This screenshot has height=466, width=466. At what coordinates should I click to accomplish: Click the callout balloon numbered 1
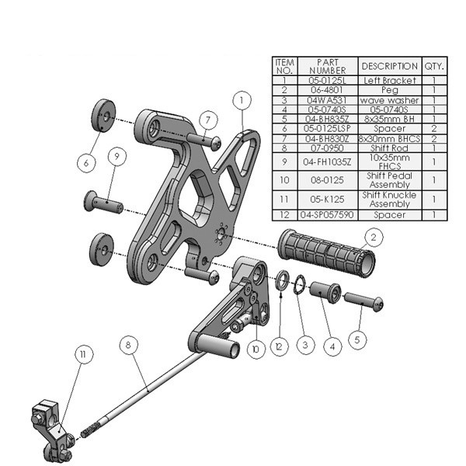[242, 100]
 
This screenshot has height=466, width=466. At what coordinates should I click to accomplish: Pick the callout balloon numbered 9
[115, 156]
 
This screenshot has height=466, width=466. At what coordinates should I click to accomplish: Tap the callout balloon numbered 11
[81, 353]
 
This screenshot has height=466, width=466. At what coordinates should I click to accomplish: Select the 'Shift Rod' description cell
[390, 148]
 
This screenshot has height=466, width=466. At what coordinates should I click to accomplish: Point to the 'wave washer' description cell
[390, 99]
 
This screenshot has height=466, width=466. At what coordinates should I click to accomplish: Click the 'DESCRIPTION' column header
[390, 66]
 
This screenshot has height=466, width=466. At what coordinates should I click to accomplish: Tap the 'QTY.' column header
[434, 66]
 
